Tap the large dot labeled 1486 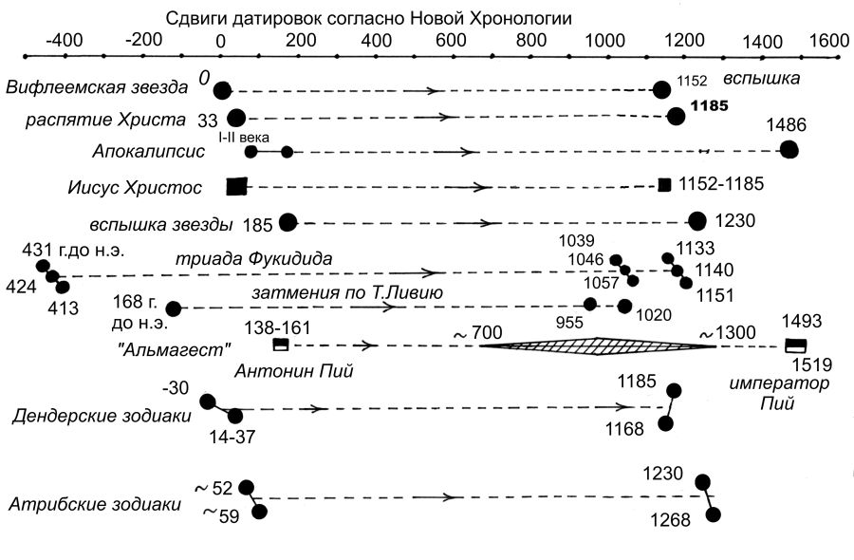(788, 149)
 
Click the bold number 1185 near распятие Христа (709, 106)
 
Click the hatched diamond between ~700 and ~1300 (598, 345)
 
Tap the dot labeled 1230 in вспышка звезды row (696, 221)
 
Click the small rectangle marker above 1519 (795, 345)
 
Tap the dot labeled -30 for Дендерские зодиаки (207, 401)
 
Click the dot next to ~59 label (258, 512)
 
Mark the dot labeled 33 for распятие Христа (236, 119)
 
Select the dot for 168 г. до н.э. (174, 308)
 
